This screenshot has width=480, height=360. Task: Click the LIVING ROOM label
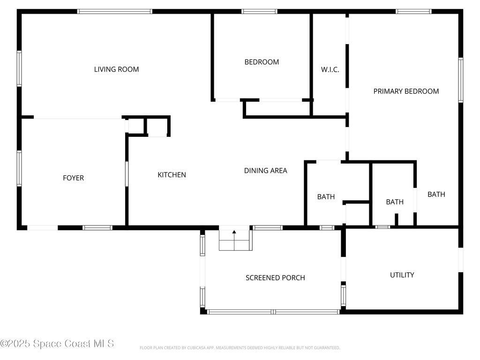[116, 69]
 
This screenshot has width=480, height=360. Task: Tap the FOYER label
[73, 178]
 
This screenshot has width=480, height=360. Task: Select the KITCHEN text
[172, 175]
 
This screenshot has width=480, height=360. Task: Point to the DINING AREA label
[265, 171]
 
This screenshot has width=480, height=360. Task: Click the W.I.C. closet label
[330, 69]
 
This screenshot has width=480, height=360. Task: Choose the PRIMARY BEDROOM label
[406, 91]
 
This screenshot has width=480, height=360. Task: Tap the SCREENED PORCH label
[275, 277]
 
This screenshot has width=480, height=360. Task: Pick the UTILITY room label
[402, 275]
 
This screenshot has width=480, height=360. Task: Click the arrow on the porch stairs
[234, 240]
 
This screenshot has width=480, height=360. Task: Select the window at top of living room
[114, 12]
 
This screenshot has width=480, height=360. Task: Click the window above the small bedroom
[259, 12]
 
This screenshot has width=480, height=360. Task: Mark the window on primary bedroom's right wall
[461, 80]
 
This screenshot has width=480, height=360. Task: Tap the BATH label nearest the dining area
[326, 197]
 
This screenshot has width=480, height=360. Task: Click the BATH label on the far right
[436, 195]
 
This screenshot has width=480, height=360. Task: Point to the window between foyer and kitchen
[127, 174]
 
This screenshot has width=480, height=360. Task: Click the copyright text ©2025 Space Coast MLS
[57, 344]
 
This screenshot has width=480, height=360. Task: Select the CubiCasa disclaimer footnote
[240, 348]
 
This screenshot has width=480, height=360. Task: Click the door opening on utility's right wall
[461, 260]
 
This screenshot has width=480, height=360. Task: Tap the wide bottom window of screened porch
[273, 312]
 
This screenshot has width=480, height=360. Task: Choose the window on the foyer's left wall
[19, 168]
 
